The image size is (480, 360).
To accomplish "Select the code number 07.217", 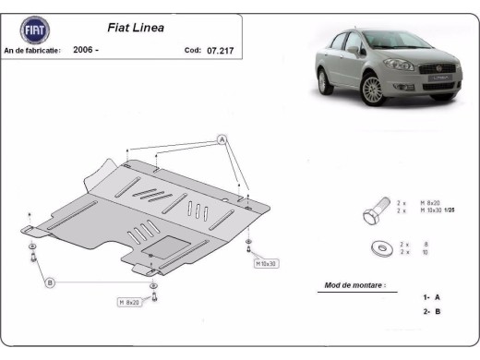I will point(221,50).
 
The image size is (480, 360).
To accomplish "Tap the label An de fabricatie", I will point(33,50).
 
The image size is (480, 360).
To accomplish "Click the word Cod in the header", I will point(192,50).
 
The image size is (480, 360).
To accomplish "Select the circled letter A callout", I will point(222,139).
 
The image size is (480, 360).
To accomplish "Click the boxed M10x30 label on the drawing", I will point(266,264).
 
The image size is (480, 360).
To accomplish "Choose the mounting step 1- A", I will point(431,298).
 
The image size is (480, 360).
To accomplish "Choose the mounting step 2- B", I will point(431,312).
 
